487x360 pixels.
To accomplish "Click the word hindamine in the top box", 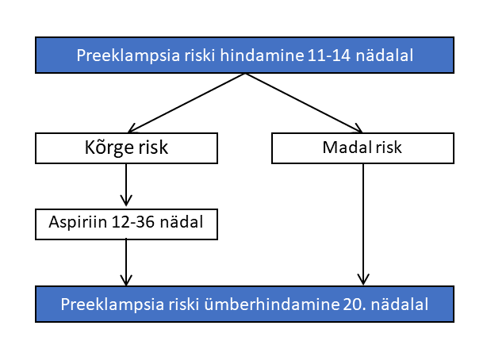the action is click(262, 56).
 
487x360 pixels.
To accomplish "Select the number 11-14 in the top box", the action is click(329, 56).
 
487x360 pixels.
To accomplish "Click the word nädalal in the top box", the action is click(384, 56).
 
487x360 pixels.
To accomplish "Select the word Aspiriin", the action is click(78, 222).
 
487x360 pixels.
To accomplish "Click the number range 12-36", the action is click(132, 222).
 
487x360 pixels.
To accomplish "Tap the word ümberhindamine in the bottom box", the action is click(272, 304).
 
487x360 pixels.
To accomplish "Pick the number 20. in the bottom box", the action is click(355, 304).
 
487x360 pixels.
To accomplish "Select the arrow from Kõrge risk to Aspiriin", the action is click(126, 185).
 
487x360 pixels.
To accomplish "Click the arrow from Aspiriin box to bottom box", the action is click(126, 262).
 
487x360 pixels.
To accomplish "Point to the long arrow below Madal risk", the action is click(363, 224).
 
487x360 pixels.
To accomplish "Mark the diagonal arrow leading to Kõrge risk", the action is click(186, 103).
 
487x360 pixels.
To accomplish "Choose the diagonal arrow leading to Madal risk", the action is click(304, 103).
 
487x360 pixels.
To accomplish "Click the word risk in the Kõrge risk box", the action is click(153, 147).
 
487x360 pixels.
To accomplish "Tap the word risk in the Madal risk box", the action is click(389, 147).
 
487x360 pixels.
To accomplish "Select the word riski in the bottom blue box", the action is click(183, 304).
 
